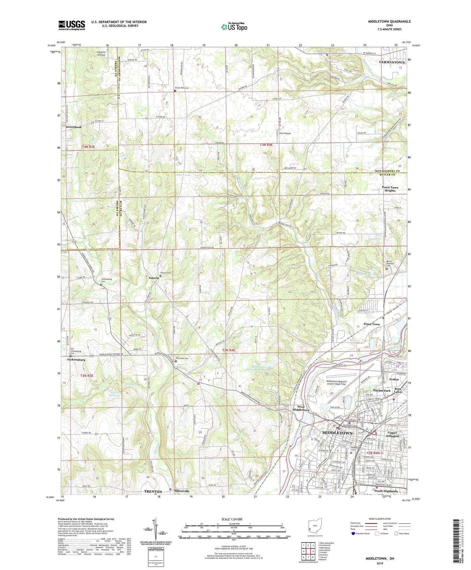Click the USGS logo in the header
pyautogui.click(x=71, y=25)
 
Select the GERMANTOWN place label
pyautogui.click(x=392, y=62)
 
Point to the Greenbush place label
pyautogui.click(x=74, y=127)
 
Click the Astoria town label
pyautogui.click(x=154, y=278)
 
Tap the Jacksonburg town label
pyautogui.click(x=76, y=359)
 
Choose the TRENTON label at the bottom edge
pyautogui.click(x=153, y=491)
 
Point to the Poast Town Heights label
pyautogui.click(x=390, y=189)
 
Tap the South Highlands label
pyautogui.click(x=386, y=491)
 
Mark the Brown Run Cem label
pyautogui.click(x=182, y=88)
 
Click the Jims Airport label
pyautogui.click(x=285, y=133)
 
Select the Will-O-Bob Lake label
pyautogui.click(x=116, y=394)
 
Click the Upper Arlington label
pyautogui.click(x=392, y=434)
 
